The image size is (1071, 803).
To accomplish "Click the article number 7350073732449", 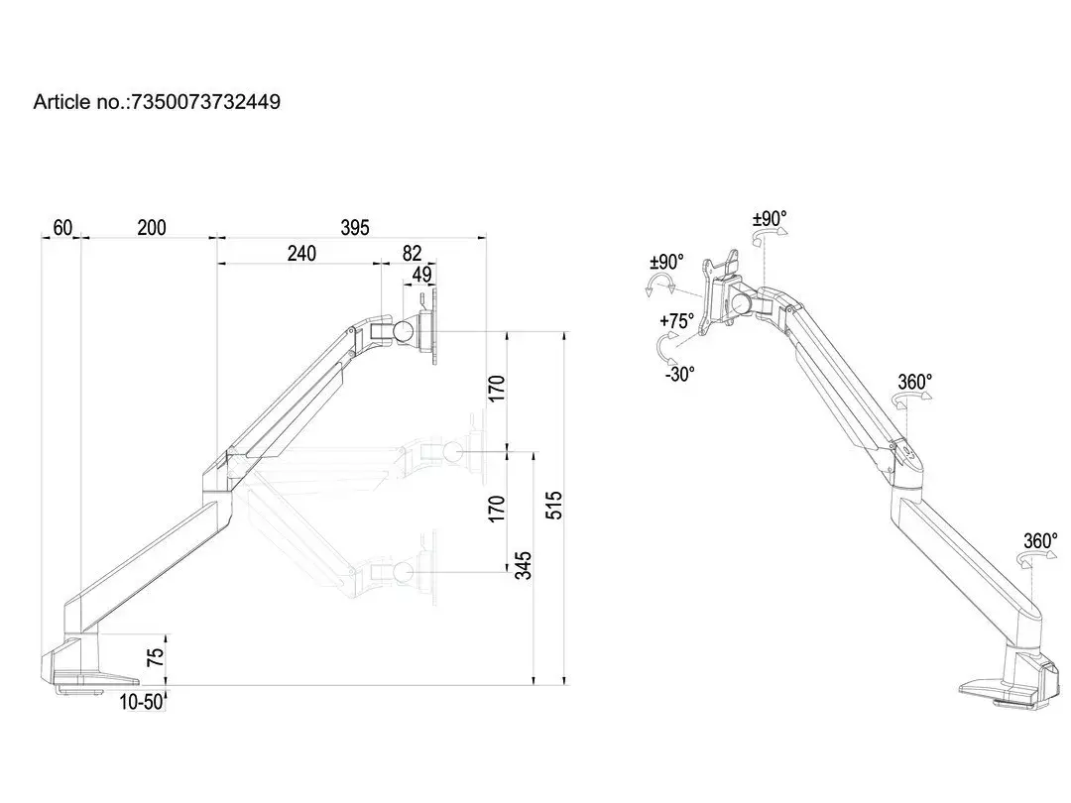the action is click(205, 102).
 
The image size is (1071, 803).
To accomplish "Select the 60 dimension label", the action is click(62, 227).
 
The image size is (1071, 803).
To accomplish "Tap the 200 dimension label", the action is click(151, 227).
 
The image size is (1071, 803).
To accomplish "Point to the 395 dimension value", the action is click(354, 227).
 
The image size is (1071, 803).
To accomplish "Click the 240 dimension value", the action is click(301, 254).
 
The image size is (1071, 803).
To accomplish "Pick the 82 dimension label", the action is click(412, 254).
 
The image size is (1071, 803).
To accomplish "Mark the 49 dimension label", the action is click(422, 274).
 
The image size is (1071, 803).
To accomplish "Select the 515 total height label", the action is click(554, 506).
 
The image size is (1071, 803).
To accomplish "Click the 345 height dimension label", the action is click(523, 565).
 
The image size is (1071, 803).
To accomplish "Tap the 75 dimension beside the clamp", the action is click(156, 657).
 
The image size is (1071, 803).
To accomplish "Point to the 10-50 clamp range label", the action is click(142, 702).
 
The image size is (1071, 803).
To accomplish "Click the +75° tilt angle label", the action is click(676, 321).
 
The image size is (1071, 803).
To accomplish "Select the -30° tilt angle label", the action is click(679, 374).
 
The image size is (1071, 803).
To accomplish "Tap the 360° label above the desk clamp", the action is click(1040, 541).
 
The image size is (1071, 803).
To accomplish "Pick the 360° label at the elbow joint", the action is click(915, 382).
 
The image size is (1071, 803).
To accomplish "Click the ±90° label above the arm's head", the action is click(770, 218).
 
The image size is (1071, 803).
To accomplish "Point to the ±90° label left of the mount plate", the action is click(666, 262).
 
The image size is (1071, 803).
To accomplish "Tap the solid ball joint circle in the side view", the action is click(403, 332).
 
